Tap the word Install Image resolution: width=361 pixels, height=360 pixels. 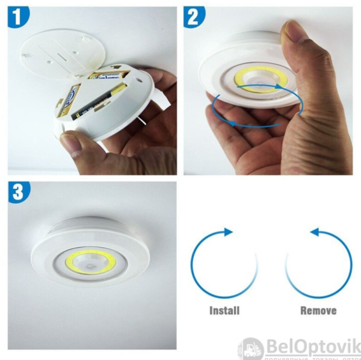click(x=224, y=311)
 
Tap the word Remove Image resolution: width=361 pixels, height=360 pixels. click(x=318, y=311)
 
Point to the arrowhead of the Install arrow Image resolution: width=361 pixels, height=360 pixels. click(x=228, y=232)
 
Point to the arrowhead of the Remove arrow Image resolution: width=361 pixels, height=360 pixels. click(x=314, y=232)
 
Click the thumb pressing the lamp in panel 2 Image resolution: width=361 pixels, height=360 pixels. click(x=301, y=54)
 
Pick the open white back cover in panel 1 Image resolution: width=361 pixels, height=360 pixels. click(x=60, y=51)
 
